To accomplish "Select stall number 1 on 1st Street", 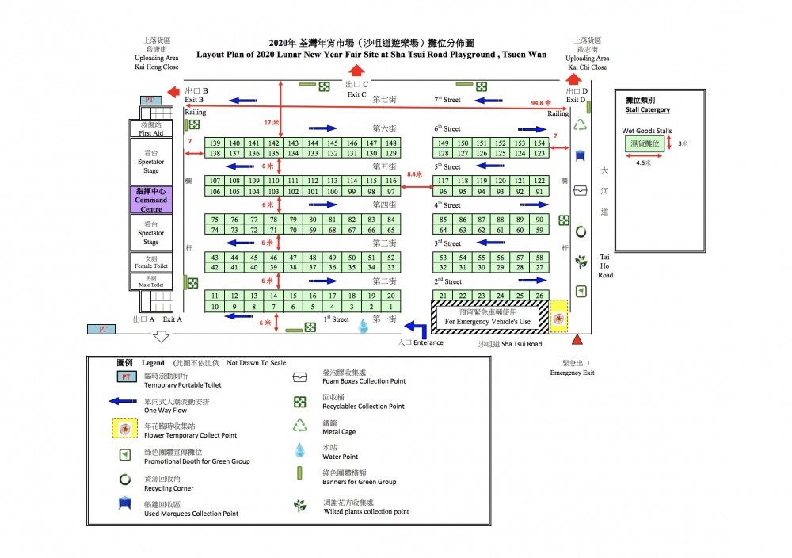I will [x=390, y=306].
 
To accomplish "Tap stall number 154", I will [x=539, y=143].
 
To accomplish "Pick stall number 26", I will [x=539, y=296].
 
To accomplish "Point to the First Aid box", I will [x=150, y=129].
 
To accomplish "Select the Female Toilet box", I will [x=150, y=262].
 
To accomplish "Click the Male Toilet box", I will [x=150, y=281].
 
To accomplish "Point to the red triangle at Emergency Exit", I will [x=577, y=339].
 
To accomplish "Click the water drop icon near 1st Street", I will [x=364, y=326].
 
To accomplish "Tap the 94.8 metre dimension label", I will [x=542, y=103].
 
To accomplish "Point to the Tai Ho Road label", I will [x=605, y=266].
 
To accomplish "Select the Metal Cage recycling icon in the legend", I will [x=299, y=426].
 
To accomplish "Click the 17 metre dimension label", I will [x=272, y=123].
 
